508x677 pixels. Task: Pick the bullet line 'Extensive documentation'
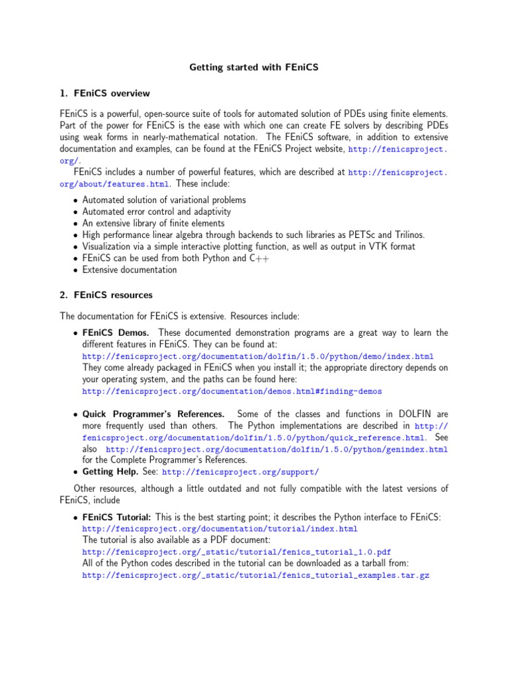tap(129, 270)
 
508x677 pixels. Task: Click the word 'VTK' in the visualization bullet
tap(375, 247)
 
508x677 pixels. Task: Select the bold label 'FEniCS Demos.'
tap(116, 333)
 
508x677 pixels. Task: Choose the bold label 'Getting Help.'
tap(110, 472)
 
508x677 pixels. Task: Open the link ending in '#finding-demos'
tap(232, 391)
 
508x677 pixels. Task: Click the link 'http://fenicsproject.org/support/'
tap(241, 473)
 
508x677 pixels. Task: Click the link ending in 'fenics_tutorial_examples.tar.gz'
tap(256, 576)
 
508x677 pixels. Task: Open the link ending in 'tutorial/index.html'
tap(220, 529)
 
